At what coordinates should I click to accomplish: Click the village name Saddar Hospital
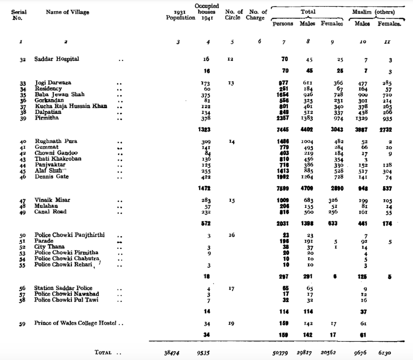click(56, 59)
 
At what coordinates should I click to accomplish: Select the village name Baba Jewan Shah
click(59, 94)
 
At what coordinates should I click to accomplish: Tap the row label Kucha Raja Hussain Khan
click(71, 106)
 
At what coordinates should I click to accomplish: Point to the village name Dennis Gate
click(52, 176)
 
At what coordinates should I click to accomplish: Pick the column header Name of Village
click(67, 12)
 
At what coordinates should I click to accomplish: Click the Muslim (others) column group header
click(373, 12)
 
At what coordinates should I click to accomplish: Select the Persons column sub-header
click(283, 24)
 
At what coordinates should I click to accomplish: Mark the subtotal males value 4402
click(307, 130)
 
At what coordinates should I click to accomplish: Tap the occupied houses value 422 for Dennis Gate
click(206, 176)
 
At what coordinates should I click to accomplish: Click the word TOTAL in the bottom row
click(103, 352)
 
